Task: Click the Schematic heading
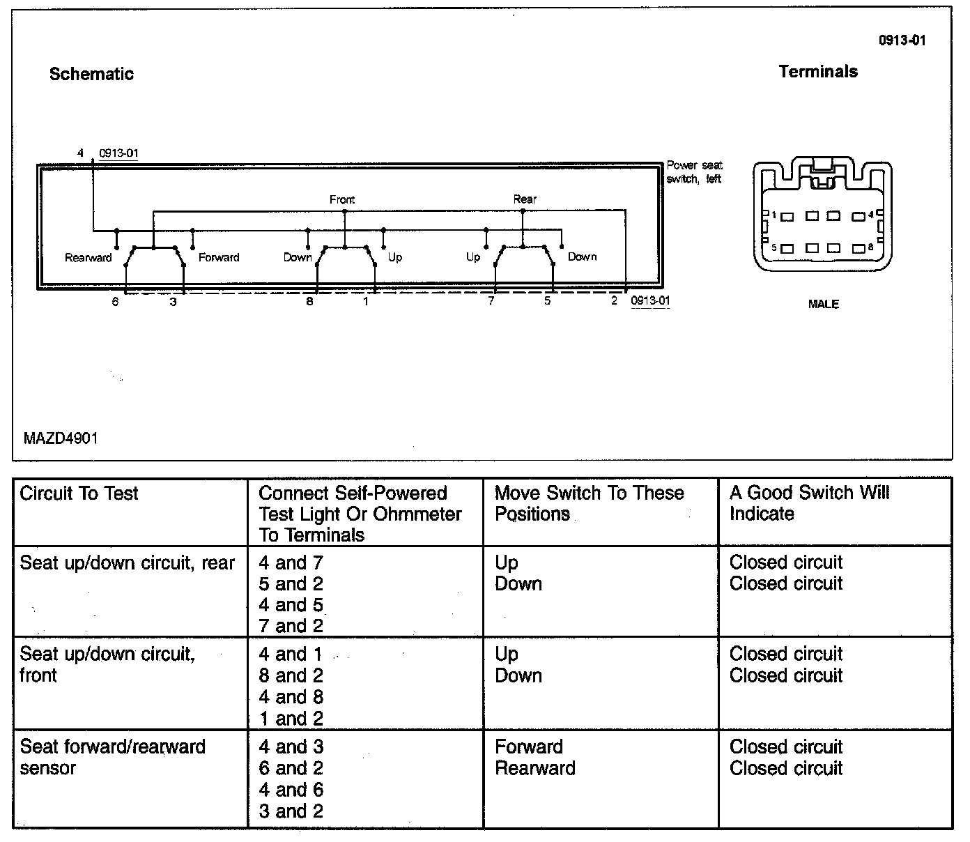point(91,74)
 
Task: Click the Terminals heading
point(818,71)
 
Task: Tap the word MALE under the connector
point(823,304)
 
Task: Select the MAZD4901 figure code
point(61,438)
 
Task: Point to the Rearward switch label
point(88,258)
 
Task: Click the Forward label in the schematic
point(219,257)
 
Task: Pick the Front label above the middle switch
point(342,200)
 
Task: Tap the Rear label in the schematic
point(525,199)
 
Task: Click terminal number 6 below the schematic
point(116,302)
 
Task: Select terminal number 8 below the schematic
point(309,302)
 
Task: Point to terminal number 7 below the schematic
point(491,301)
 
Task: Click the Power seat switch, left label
point(694,172)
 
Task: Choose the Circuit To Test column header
point(79,493)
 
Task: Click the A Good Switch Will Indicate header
point(809,503)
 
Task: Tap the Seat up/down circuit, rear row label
point(128,563)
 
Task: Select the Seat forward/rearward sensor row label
point(112,757)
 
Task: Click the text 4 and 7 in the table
point(291,563)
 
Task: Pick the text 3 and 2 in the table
point(291,811)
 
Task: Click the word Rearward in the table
point(535,768)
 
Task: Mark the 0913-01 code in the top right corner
point(902,40)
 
